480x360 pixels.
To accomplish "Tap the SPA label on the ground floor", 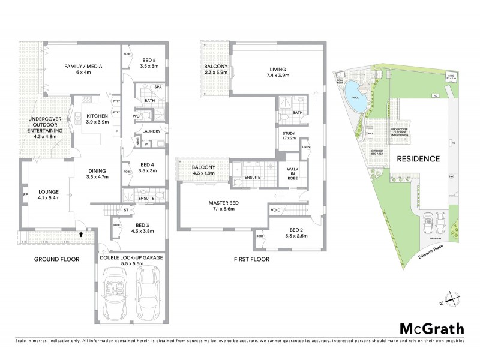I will click(158, 87).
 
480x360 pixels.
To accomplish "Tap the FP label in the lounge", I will click(25, 195).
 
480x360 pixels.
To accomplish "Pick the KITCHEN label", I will click(97, 116).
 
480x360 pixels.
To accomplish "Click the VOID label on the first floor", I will click(275, 210).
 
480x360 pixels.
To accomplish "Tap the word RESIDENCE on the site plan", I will click(418, 160).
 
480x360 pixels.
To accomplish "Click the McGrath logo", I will click(431, 328).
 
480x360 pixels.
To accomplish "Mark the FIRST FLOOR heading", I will click(251, 259).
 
